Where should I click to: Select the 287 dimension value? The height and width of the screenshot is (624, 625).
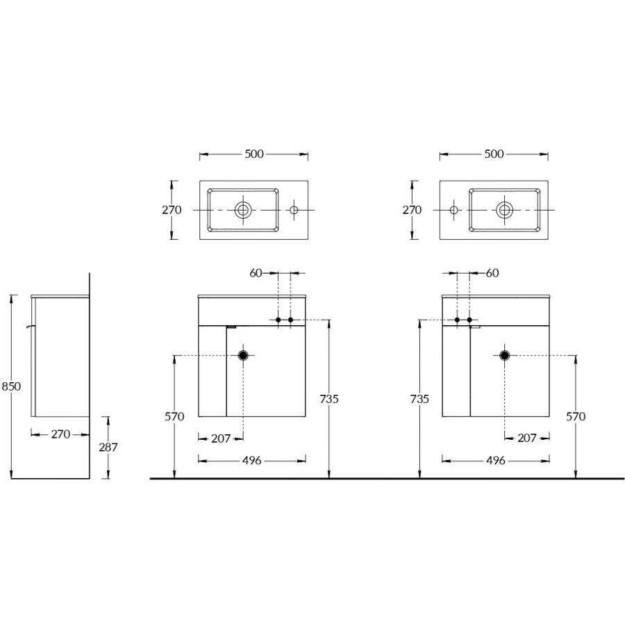pos(108,448)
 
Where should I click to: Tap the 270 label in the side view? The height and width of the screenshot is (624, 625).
pos(60,434)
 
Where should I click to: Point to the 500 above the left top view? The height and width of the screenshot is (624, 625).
pos(254,154)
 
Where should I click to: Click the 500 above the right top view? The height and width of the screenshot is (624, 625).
pos(494,154)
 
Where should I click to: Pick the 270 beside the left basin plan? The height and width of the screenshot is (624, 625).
pos(172,210)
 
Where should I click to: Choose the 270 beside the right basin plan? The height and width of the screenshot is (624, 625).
pos(412,210)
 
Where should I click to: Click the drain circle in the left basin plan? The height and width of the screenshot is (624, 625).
pos(243,208)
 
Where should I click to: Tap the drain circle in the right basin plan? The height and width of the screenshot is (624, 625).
pos(505,208)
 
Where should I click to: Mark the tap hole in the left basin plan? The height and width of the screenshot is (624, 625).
pos(293,209)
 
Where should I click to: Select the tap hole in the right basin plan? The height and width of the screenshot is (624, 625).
pos(453,209)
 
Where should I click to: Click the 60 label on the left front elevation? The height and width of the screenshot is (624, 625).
pos(256,273)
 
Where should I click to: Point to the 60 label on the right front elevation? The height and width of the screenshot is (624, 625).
pos(492,273)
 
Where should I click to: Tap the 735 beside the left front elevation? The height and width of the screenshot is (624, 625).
pos(329,399)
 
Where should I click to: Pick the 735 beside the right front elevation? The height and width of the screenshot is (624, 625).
pos(419,399)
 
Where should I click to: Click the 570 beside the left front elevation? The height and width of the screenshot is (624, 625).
pos(174,416)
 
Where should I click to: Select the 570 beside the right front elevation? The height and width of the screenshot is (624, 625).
pos(576,416)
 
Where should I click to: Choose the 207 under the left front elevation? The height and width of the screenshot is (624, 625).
pos(221,438)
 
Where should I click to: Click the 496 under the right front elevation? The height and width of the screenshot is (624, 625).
pos(495,461)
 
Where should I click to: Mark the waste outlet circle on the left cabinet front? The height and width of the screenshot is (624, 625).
pos(244,355)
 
